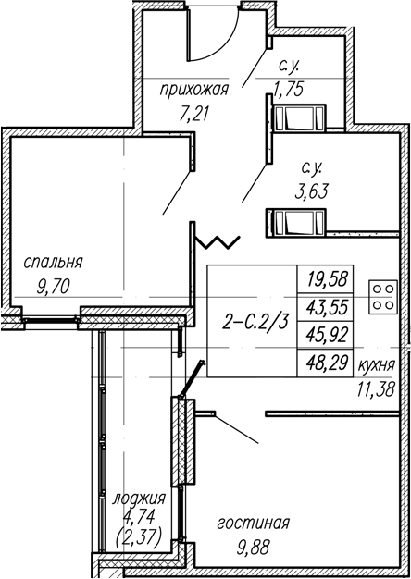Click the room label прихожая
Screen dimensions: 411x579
[x=194, y=91]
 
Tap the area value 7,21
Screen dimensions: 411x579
[x=194, y=115]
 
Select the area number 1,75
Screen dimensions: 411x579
[x=289, y=89]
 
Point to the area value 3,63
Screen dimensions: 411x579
[x=312, y=192]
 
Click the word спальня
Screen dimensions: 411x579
[x=53, y=263]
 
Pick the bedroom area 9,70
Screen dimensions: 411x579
[x=53, y=286]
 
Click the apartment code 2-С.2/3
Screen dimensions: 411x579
[x=255, y=323]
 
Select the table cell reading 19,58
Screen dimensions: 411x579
[x=328, y=279]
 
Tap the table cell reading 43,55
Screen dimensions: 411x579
[x=328, y=308]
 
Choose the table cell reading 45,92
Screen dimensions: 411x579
[x=328, y=336]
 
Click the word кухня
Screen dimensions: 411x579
[x=377, y=366]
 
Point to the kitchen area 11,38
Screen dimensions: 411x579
[x=377, y=388]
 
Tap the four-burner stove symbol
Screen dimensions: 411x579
[x=383, y=297]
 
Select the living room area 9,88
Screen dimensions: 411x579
[x=253, y=548]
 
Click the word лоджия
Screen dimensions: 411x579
[x=138, y=499]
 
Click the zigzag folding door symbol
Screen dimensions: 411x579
[x=218, y=242]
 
